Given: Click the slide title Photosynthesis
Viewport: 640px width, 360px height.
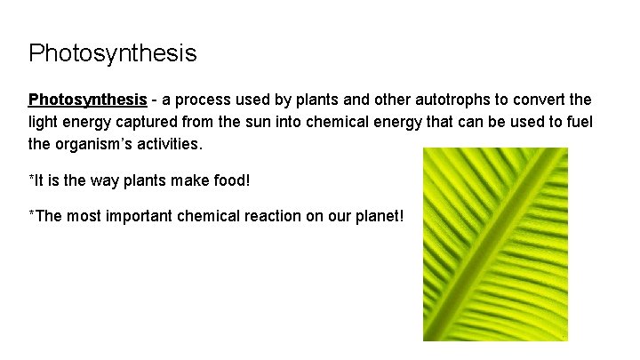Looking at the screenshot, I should (112, 54).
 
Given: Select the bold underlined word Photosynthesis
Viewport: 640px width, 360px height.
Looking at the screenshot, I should (87, 99).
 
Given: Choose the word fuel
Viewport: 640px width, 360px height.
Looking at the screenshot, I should (579, 121).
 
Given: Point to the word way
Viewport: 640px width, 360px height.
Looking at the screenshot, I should (99, 181).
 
